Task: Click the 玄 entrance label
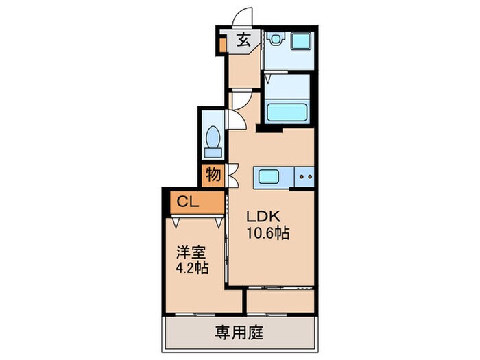[x=243, y=40]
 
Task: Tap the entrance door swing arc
[x=242, y=16]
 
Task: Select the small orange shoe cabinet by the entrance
[x=222, y=45]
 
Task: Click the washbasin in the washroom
[x=276, y=40]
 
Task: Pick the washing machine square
[x=301, y=41]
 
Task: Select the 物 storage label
[x=213, y=175]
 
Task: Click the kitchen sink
[x=268, y=178]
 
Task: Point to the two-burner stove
[x=304, y=177]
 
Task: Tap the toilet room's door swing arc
[x=234, y=119]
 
